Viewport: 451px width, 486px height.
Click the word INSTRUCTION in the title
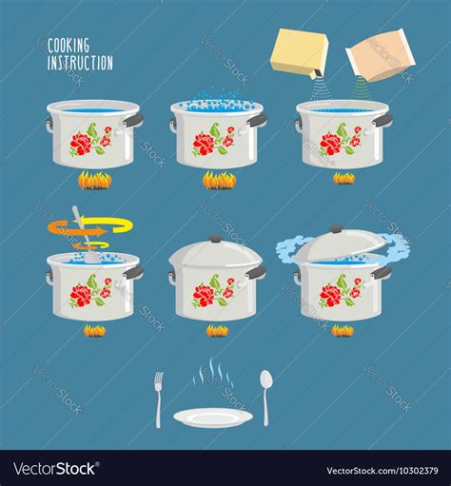point(81,63)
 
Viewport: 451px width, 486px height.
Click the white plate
point(213,417)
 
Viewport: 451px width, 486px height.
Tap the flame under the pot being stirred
point(94,330)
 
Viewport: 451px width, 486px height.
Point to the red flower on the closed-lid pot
point(204,295)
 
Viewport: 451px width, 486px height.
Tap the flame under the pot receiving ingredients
point(343,178)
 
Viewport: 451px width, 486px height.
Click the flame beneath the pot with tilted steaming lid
point(342,330)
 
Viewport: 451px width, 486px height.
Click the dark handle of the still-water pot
point(134,121)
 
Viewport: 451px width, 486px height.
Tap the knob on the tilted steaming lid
point(335,231)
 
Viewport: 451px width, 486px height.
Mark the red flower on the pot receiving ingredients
point(330,144)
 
